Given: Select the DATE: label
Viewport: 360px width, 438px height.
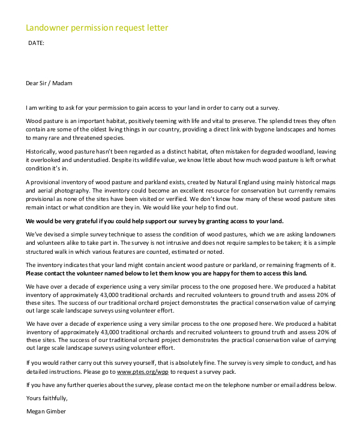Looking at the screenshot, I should click(x=36, y=43).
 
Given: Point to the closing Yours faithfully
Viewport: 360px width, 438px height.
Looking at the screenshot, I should click(x=47, y=398).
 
